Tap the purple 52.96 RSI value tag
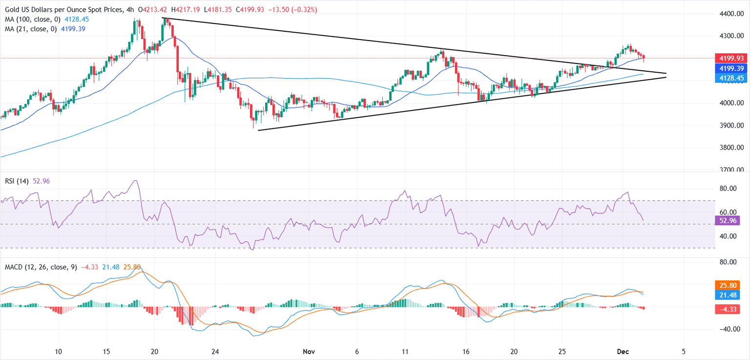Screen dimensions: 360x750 click(x=727, y=220)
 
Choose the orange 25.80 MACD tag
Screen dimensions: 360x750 click(x=727, y=284)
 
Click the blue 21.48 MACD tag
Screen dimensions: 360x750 click(x=727, y=294)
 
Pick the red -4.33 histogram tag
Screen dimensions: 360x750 click(x=727, y=309)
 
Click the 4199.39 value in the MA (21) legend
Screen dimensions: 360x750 click(x=72, y=29)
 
